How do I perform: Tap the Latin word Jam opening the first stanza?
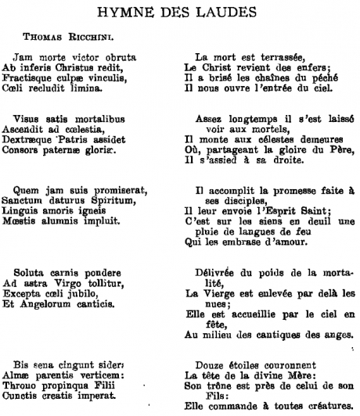[23, 57]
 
